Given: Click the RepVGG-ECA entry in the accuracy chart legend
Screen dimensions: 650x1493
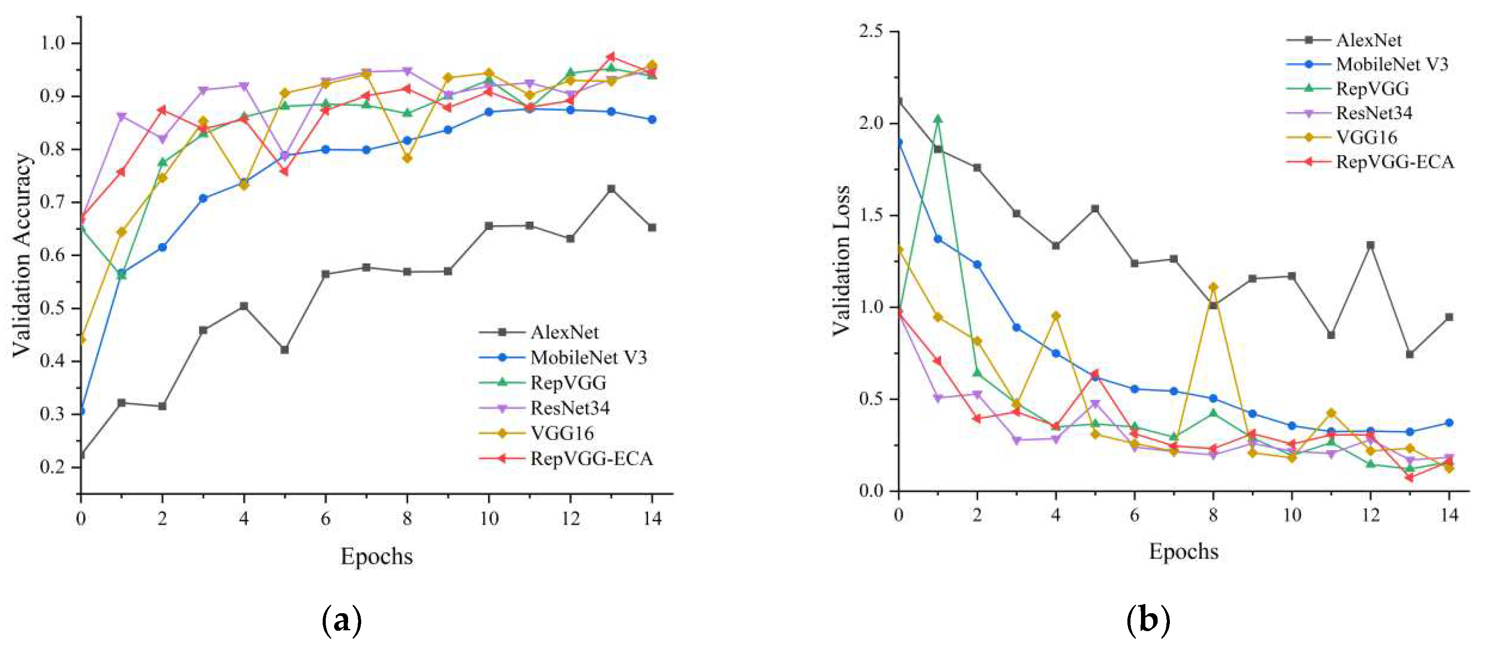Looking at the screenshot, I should tap(591, 459).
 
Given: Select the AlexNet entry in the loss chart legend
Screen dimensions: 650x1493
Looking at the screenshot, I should tap(1368, 40).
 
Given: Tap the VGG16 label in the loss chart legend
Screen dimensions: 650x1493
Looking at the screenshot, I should tap(1366, 138).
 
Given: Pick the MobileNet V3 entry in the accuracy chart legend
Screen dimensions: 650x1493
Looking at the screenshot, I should tap(588, 357).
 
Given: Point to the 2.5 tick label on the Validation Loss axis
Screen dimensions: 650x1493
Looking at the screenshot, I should tap(871, 31).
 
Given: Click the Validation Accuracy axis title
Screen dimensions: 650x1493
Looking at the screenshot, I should tap(22, 255).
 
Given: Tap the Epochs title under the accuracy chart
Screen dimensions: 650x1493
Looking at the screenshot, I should tap(377, 556).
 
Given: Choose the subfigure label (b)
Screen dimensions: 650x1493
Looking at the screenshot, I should tap(1148, 619).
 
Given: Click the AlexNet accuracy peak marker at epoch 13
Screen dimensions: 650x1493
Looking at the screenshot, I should tap(611, 189).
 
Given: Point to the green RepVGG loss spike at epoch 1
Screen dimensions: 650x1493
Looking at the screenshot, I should tap(938, 119).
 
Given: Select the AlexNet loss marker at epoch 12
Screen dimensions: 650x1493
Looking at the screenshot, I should tap(1371, 245).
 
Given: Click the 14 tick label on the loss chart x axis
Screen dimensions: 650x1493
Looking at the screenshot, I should tap(1449, 515).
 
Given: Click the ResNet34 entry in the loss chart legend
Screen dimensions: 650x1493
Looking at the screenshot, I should tap(1373, 113).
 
